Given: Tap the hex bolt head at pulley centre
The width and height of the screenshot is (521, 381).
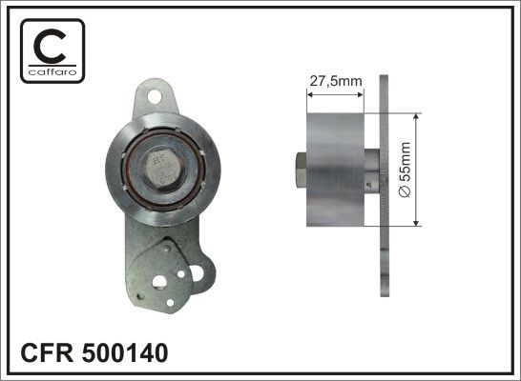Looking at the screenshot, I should (161, 169).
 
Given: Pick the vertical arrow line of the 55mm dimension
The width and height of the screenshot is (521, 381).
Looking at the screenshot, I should (417, 171).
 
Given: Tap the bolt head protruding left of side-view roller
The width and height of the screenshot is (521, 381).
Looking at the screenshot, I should (299, 171).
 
